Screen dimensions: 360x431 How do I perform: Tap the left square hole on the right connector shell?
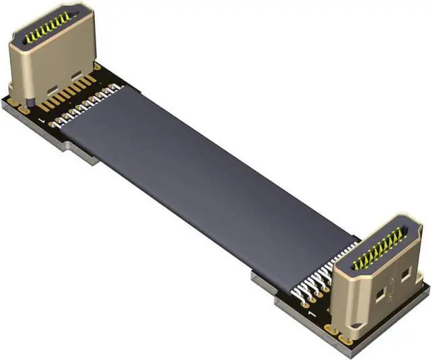pos(381,293)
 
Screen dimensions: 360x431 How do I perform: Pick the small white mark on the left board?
pos(43,120)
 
